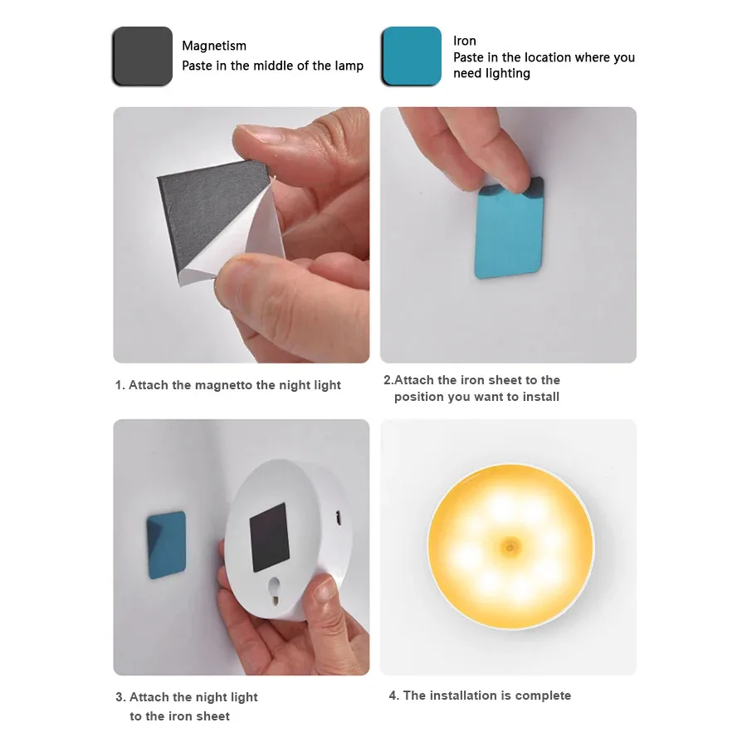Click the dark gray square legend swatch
pos(142,56)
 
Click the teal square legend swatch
pos(411,56)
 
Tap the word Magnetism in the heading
pos(214,46)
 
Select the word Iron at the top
pos(465,41)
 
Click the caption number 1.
pos(119,385)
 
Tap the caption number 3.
pos(120,697)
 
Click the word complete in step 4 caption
pos(543,696)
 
